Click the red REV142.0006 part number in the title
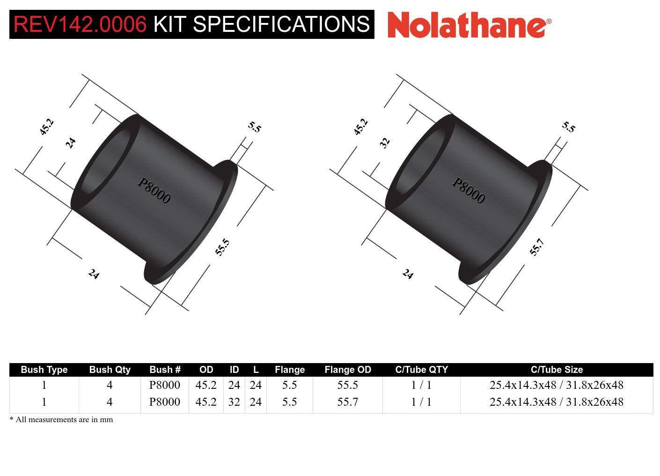tap(80, 24)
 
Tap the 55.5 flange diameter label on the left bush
tap(222, 247)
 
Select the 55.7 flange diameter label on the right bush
tap(536, 247)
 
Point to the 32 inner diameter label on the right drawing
tap(385, 142)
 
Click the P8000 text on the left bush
tap(154, 190)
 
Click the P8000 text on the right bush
tap(468, 190)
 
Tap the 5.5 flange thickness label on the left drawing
tap(254, 127)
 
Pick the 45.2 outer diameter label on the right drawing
tap(360, 127)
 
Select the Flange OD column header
tap(347, 370)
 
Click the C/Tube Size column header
tap(557, 370)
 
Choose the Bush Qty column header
tap(110, 370)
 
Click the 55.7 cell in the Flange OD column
tap(347, 402)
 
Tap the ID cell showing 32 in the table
tap(234, 402)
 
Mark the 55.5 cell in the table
tap(347, 385)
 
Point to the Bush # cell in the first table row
tap(164, 385)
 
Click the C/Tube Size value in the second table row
tap(557, 402)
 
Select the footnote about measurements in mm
tap(61, 419)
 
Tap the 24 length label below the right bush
tap(408, 274)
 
